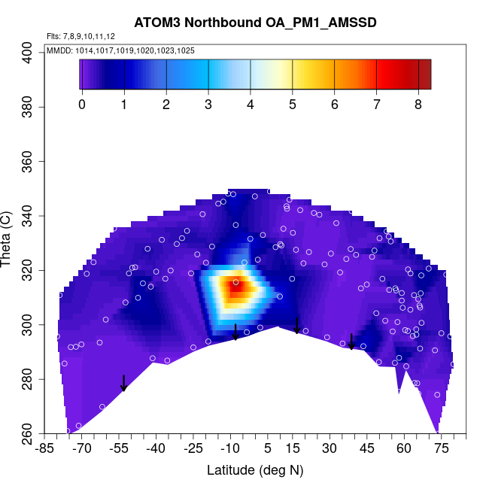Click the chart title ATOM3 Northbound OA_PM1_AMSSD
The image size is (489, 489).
point(255,23)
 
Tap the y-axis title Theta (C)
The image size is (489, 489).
point(7,242)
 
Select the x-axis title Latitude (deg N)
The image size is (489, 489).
point(255,470)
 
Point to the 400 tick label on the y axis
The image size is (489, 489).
point(32,53)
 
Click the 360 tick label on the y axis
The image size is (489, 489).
point(32,162)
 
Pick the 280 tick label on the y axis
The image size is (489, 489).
point(32,379)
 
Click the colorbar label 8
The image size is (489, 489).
point(418,104)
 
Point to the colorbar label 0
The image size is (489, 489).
point(82,104)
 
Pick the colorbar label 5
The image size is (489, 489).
point(292,104)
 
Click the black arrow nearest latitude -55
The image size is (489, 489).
point(123,383)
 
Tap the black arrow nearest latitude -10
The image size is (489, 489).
point(235,332)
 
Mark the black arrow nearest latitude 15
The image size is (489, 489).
point(297,326)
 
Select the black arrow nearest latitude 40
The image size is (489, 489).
point(351,342)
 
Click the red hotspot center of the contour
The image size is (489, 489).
point(235,286)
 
